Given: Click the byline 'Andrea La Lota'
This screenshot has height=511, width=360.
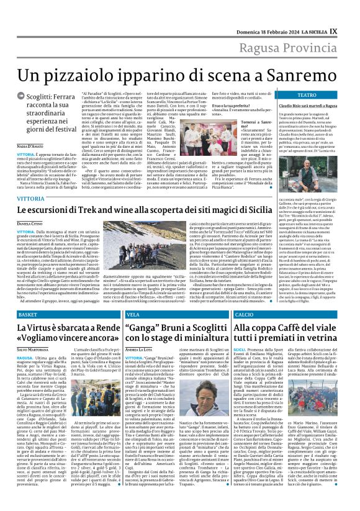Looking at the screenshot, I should [x=139, y=351].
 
